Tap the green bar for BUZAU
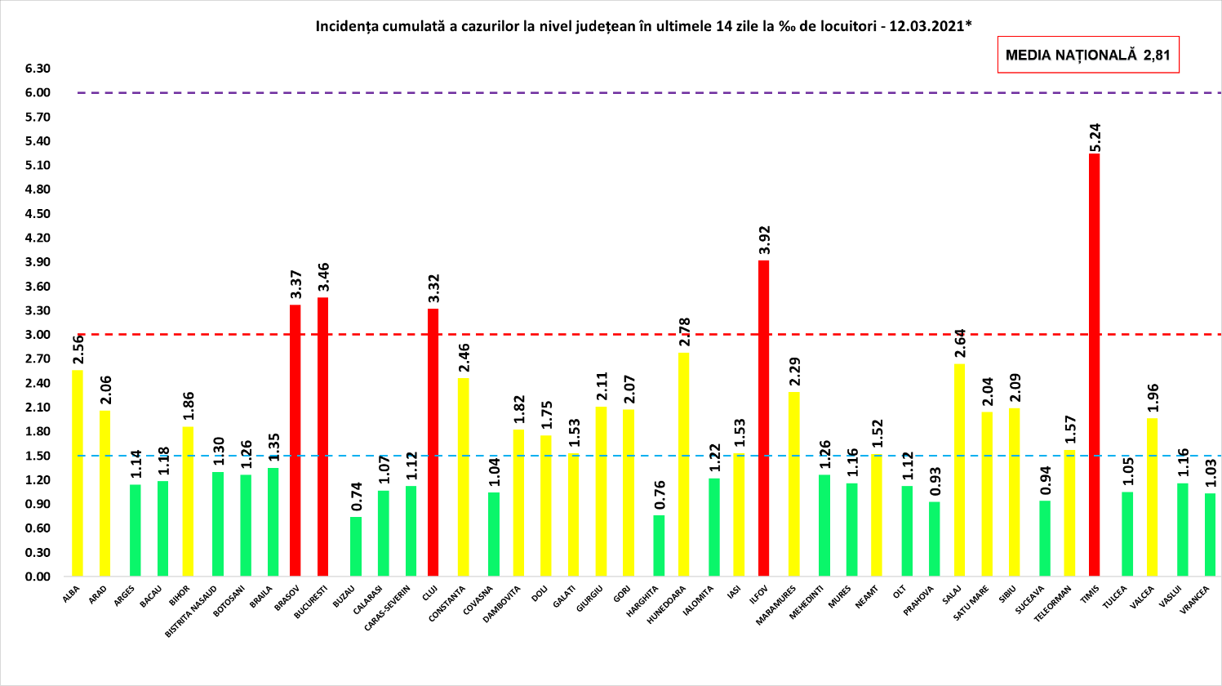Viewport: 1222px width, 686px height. tap(356, 546)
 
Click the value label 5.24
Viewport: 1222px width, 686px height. tap(1095, 137)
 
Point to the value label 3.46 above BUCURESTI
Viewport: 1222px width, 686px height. tap(323, 278)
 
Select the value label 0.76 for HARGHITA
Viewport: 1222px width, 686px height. tap(660, 496)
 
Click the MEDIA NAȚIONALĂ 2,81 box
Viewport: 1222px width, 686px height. tap(1088, 56)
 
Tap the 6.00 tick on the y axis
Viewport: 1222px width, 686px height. tap(38, 93)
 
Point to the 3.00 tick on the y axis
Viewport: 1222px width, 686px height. tap(38, 335)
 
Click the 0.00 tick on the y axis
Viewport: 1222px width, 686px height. tap(38, 577)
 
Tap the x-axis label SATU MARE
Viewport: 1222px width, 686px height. tap(971, 603)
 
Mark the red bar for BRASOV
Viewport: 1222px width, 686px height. tap(296, 440)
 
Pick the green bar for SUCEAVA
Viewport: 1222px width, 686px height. tap(1045, 538)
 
